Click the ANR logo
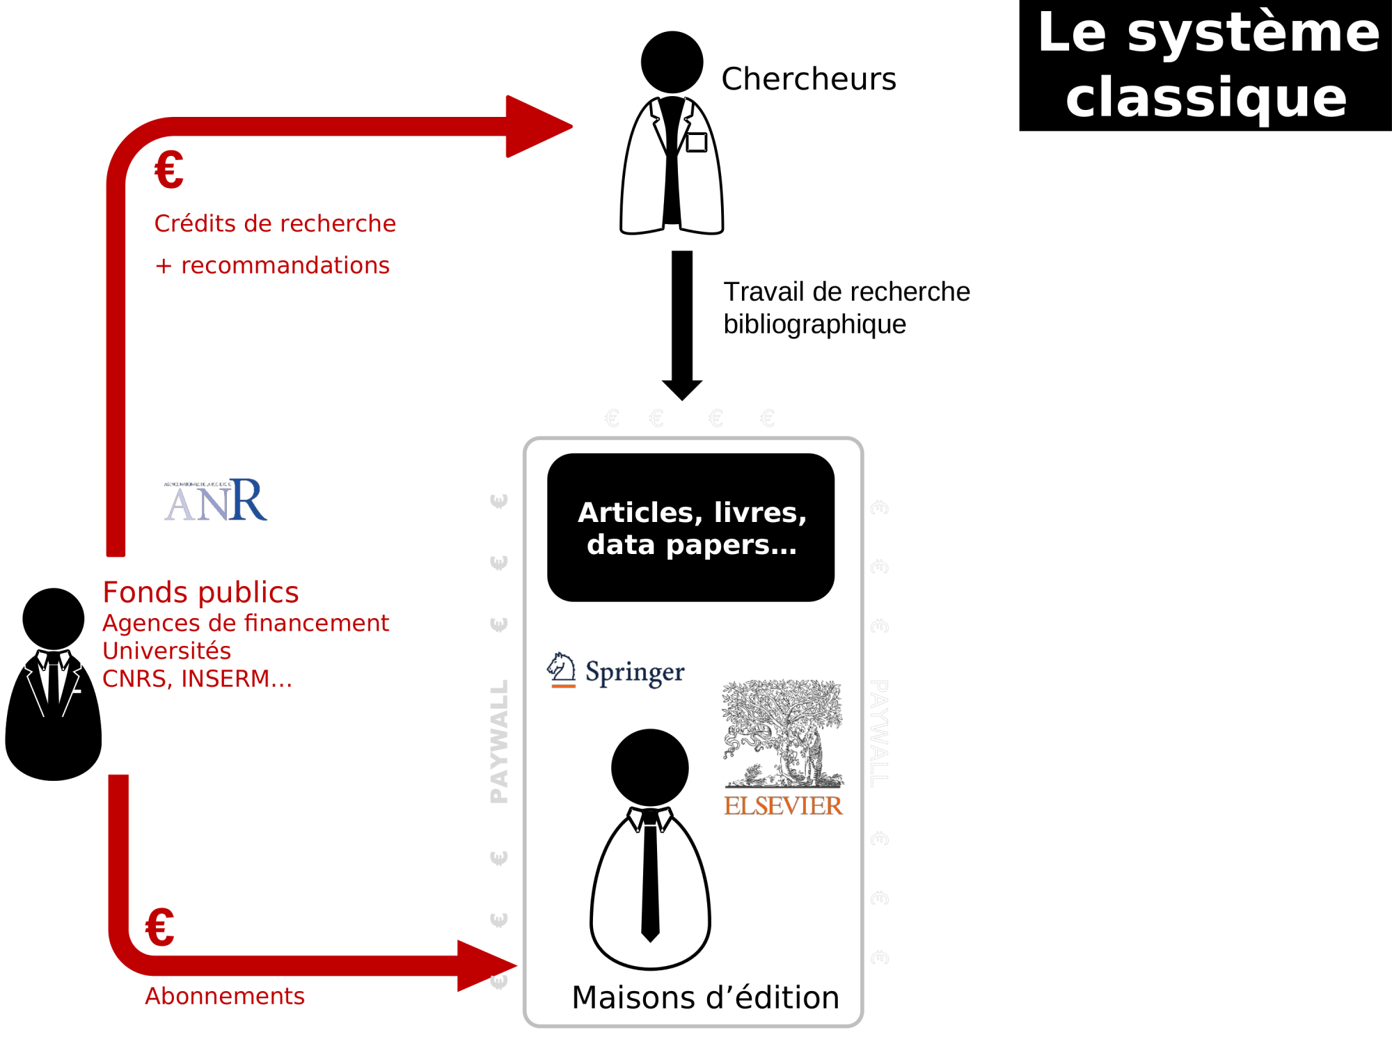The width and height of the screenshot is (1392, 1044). click(216, 500)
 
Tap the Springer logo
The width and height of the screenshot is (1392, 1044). click(616, 672)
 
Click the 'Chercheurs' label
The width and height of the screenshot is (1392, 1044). click(809, 79)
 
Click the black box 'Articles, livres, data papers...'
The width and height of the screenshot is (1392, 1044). click(691, 528)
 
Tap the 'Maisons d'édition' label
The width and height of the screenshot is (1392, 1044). click(705, 997)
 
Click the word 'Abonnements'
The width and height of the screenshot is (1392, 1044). click(225, 996)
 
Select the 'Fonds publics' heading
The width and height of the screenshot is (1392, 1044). click(200, 592)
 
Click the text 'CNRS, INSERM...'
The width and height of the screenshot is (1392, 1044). click(197, 679)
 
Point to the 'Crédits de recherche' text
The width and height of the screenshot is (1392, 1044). click(275, 223)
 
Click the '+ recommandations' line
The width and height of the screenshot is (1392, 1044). click(272, 265)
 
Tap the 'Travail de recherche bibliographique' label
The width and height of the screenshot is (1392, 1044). click(846, 308)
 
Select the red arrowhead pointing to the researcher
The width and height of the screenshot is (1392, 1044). click(536, 127)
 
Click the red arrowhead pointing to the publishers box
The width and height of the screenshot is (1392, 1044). click(484, 966)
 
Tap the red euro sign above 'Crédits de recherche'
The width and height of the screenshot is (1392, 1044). click(169, 171)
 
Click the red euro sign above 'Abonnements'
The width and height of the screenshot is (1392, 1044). click(159, 928)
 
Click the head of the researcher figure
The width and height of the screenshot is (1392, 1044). click(672, 62)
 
